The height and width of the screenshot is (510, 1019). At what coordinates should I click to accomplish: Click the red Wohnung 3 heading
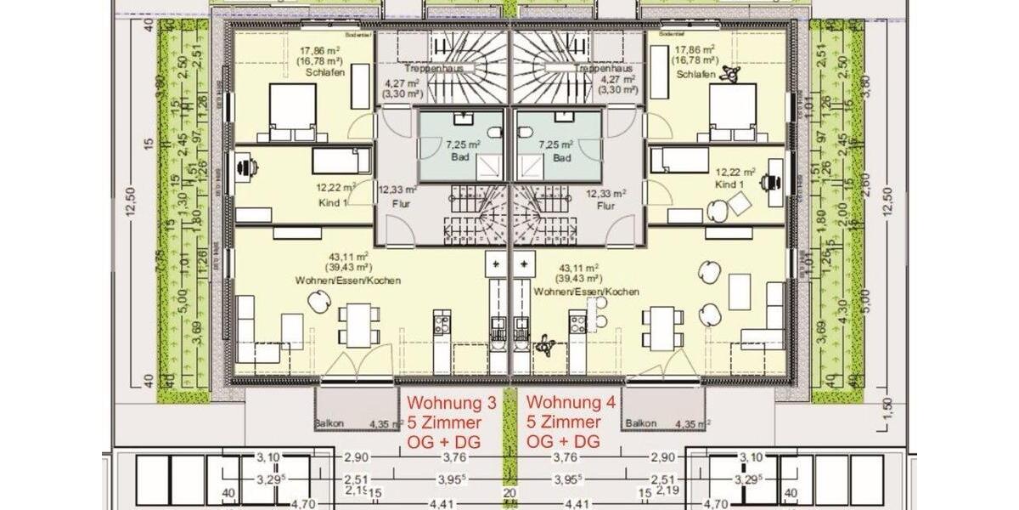tap(446, 402)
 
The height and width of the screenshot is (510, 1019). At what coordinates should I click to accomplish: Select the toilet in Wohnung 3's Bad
tap(497, 132)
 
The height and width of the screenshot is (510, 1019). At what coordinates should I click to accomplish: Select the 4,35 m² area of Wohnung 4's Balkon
tap(692, 423)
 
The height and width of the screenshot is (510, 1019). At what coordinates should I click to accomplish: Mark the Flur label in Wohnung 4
tap(605, 205)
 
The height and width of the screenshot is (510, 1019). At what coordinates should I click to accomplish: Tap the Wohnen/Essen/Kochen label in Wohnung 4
tap(586, 292)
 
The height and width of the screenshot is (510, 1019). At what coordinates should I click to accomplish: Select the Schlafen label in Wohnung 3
tap(320, 73)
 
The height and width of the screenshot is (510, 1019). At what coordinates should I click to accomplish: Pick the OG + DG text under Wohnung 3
tap(446, 442)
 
